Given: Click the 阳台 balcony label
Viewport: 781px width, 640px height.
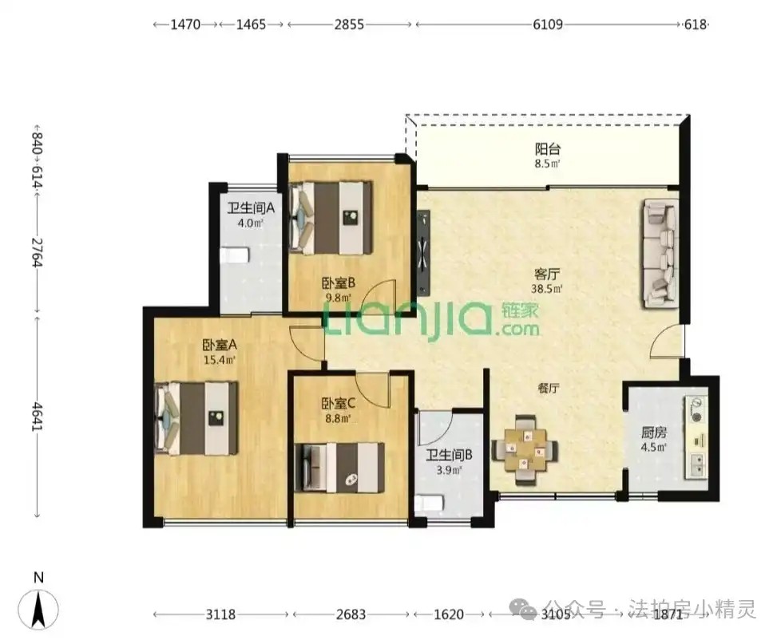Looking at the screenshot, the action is pyautogui.click(x=547, y=148).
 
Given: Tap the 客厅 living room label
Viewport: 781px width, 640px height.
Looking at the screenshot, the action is pyautogui.click(x=546, y=274).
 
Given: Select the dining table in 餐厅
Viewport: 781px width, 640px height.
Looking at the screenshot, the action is pyautogui.click(x=525, y=450).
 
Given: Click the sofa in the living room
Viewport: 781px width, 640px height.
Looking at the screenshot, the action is pyautogui.click(x=660, y=253).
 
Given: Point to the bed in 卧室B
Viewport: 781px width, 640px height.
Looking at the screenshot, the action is pyautogui.click(x=331, y=218).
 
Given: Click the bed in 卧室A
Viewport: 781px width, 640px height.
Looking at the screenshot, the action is pyautogui.click(x=196, y=418).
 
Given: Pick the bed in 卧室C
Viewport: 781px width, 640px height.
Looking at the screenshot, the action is pyautogui.click(x=339, y=468).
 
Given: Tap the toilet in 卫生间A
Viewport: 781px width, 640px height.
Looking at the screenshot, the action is pyautogui.click(x=235, y=255).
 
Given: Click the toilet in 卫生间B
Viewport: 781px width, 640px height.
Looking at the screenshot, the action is pyautogui.click(x=430, y=502).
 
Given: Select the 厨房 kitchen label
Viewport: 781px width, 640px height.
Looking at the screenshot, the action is pyautogui.click(x=654, y=432).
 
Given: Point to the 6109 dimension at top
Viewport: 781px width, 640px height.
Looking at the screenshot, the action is pyautogui.click(x=548, y=25).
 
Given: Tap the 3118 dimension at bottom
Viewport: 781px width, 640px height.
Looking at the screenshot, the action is pyautogui.click(x=220, y=614).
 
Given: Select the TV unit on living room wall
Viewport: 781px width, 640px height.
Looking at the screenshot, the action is pyautogui.click(x=423, y=253).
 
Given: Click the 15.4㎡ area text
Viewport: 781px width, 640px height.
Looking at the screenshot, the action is pyautogui.click(x=220, y=359).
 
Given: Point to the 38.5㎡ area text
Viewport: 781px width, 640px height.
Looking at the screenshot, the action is pyautogui.click(x=547, y=289).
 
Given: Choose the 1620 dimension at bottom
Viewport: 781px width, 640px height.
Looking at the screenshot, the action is pyautogui.click(x=449, y=614).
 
